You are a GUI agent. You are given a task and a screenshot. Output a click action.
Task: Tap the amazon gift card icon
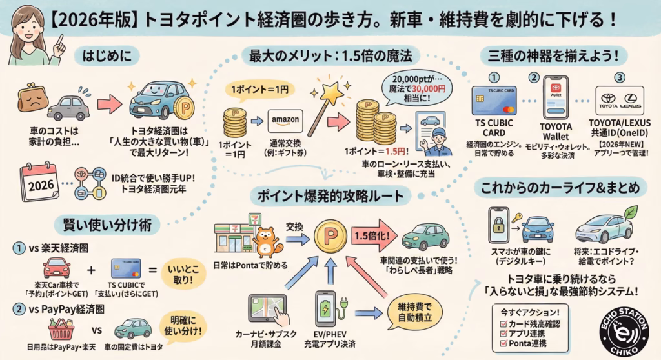point(285,121)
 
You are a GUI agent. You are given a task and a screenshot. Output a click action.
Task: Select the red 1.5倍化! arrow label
point(374,235)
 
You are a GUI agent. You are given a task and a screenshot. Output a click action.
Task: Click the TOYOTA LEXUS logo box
point(619,101)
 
